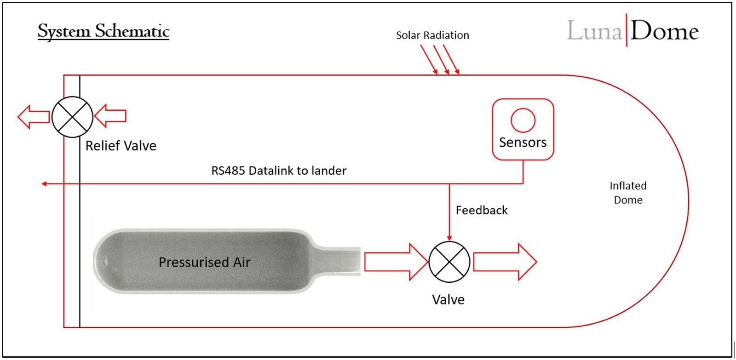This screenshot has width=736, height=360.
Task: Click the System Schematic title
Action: pos(103,32)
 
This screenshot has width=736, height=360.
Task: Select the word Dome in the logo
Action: pos(665,31)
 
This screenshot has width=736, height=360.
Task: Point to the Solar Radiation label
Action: pos(432,35)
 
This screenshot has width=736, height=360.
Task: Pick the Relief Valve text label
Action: pos(121,145)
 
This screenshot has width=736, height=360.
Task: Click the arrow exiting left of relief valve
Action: pos(34,117)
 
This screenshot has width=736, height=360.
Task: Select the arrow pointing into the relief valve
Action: pos(110,115)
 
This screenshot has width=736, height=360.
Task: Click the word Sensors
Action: pos(523,142)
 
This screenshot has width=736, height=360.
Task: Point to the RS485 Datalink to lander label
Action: pos(279,171)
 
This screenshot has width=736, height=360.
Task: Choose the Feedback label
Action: pos(482,210)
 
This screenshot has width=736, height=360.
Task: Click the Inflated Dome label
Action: pos(628,193)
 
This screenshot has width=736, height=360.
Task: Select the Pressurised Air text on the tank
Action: pos(204,262)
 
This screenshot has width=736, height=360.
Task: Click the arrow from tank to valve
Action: pos(396,262)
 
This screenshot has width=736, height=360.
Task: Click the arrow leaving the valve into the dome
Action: pos(505,262)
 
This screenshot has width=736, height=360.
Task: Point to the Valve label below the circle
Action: pos(448,300)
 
